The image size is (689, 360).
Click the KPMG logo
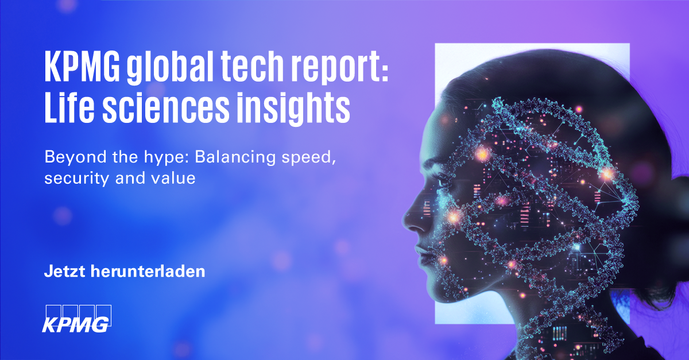[x=76, y=317]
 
